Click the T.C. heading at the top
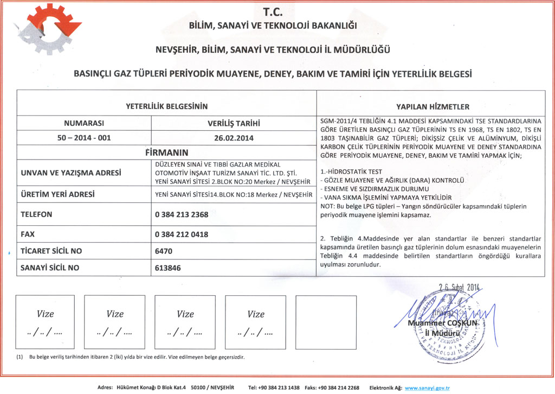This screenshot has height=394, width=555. [277, 11]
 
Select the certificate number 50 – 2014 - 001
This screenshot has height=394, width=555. [84, 138]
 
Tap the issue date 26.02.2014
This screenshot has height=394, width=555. [234, 138]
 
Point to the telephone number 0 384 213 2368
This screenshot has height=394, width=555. [182, 214]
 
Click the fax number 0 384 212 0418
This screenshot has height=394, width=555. [182, 235]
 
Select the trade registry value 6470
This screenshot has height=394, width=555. [163, 251]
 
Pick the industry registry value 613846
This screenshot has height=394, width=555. [167, 268]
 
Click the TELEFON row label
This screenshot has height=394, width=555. [36, 214]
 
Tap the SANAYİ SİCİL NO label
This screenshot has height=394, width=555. [50, 268]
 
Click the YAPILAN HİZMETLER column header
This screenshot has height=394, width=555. [433, 107]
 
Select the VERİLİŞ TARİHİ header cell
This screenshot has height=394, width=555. [234, 123]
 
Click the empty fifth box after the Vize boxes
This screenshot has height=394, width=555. [326, 322]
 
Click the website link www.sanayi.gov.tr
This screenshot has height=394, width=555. [428, 388]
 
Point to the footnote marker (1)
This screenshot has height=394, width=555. [20, 357]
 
